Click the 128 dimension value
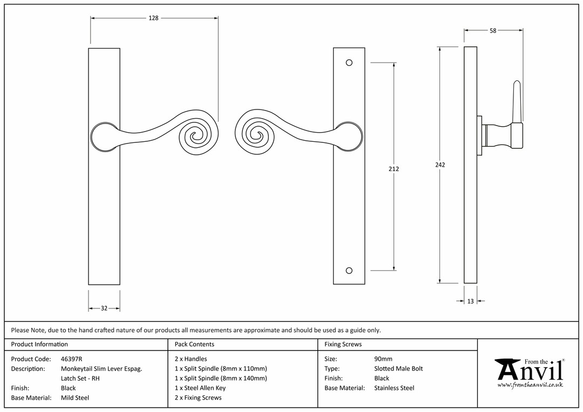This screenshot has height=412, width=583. point(153,18)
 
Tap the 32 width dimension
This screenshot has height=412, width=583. point(104,308)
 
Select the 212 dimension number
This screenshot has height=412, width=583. point(394,169)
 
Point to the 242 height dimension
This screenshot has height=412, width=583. point(440,165)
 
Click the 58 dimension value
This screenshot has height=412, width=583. point(493,31)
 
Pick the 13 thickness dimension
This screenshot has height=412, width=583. point(471,301)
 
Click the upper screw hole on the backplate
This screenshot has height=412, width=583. point(349,63)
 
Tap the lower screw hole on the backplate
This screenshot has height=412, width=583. point(349,271)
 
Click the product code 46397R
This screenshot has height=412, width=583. point(71,359)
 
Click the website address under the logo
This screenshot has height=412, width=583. point(530,385)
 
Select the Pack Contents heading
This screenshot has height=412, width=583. point(194,345)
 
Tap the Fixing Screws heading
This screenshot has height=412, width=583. point(343,345)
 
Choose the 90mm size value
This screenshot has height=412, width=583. point(383,359)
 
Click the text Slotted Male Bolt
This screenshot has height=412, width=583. point(398,369)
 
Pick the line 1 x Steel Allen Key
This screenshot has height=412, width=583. point(200,388)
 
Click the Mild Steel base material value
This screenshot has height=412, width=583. point(75,398)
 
